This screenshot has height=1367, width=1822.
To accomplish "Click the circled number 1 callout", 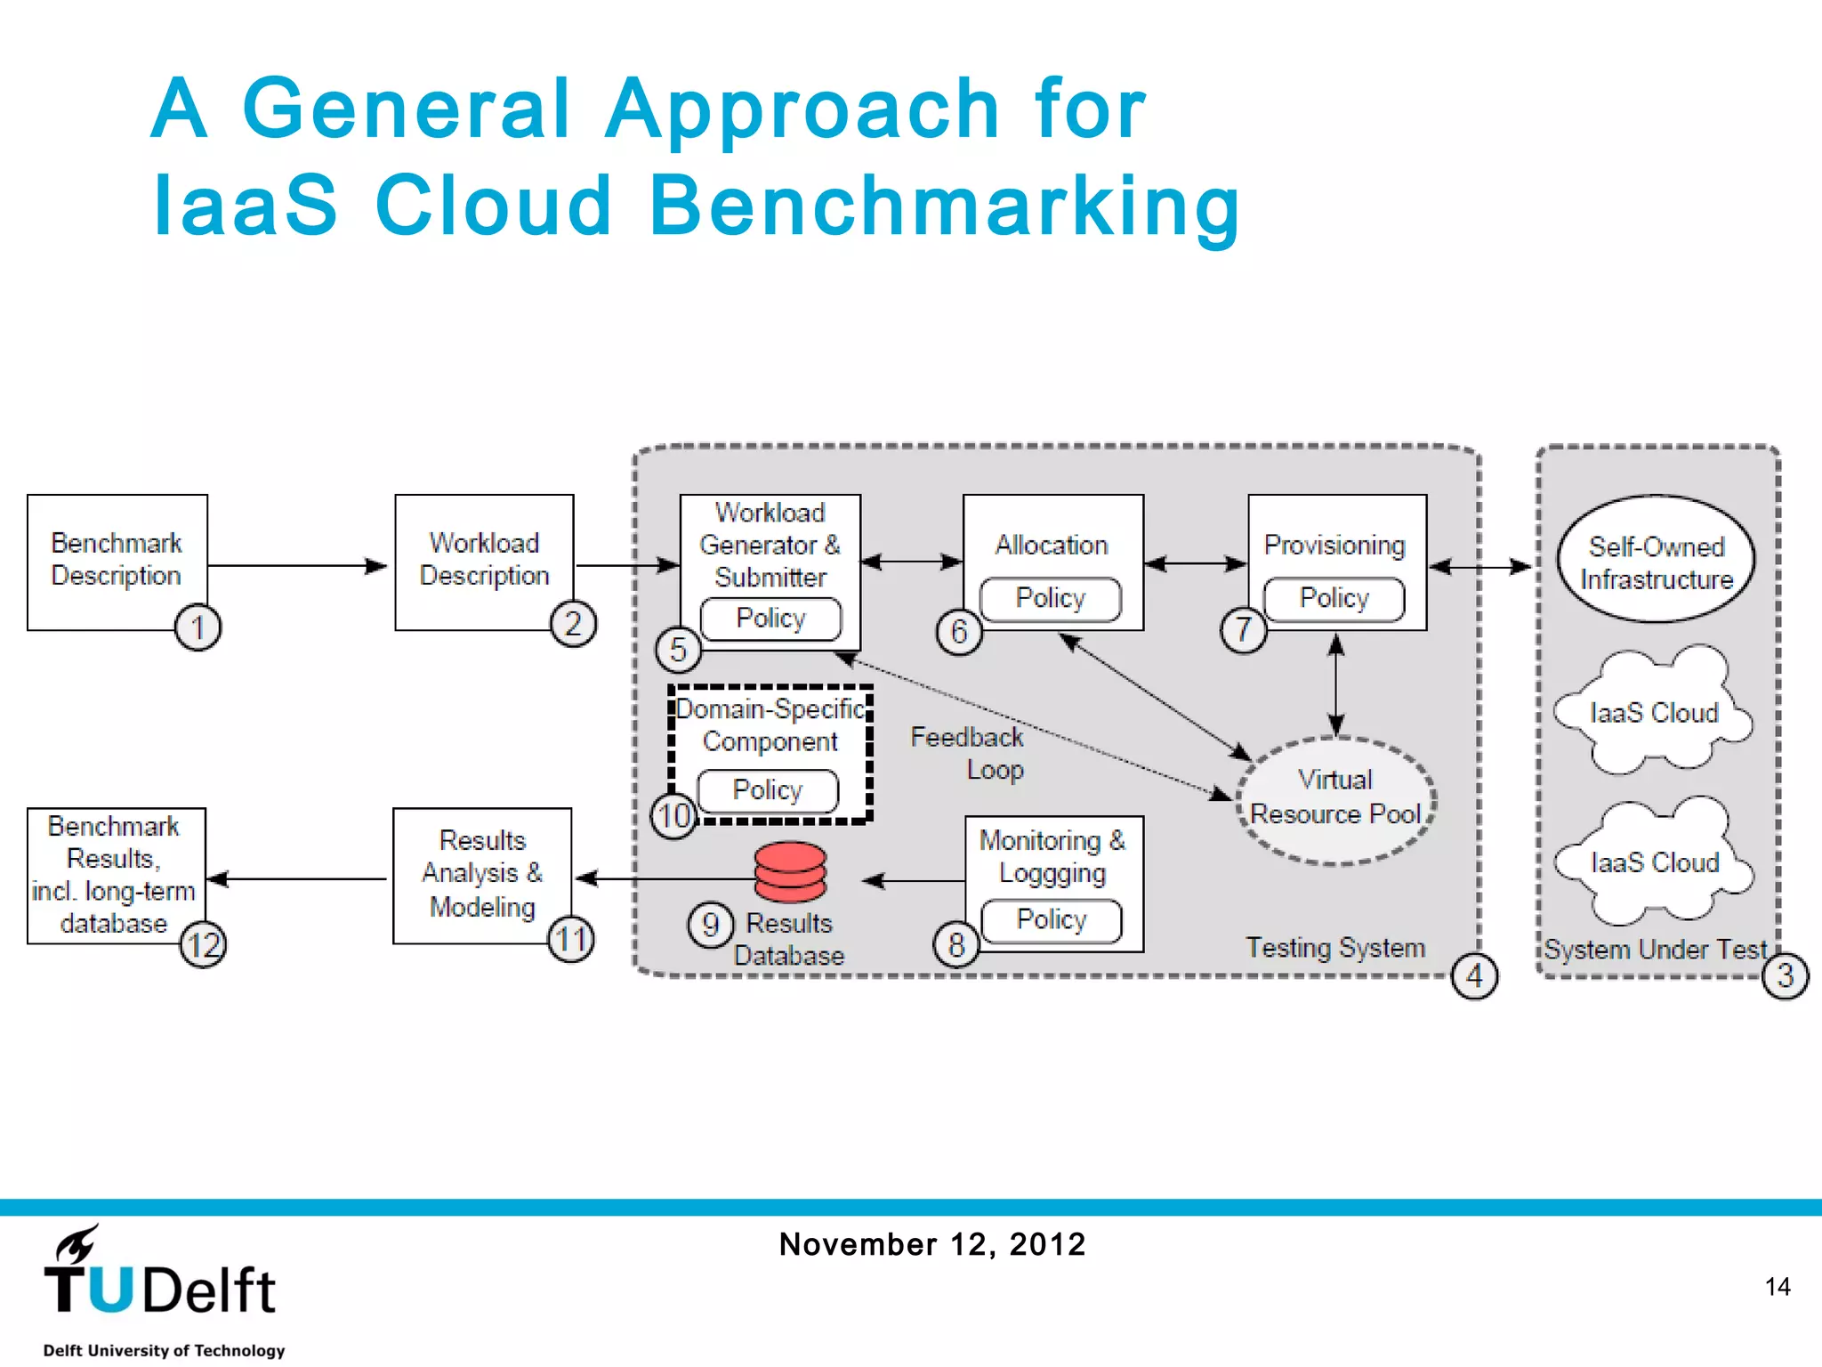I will click(198, 627).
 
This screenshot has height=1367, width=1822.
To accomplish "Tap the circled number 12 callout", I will click(204, 944).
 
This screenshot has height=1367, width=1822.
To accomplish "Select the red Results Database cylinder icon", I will click(790, 872).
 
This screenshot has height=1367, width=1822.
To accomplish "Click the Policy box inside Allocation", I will click(1051, 599).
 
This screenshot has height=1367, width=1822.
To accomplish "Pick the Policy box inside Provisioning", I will click(1334, 599).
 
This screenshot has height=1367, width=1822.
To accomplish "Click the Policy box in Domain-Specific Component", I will click(768, 790).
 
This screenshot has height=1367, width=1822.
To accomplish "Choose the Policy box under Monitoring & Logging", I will click(1052, 920).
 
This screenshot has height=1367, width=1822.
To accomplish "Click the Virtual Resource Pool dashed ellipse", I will click(1335, 799).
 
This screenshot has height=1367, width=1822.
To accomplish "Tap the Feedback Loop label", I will click(969, 753).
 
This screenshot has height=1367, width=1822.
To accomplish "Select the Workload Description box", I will click(484, 561).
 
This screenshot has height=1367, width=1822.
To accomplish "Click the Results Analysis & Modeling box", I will click(482, 874).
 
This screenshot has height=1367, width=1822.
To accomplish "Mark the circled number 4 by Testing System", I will click(1474, 976).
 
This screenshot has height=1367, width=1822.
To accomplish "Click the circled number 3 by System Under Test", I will click(1785, 976).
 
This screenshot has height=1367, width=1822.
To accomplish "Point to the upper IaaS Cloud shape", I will click(1653, 712).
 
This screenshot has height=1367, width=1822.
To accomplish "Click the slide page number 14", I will click(1777, 1287).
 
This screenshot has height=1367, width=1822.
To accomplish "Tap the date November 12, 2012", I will click(932, 1244).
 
